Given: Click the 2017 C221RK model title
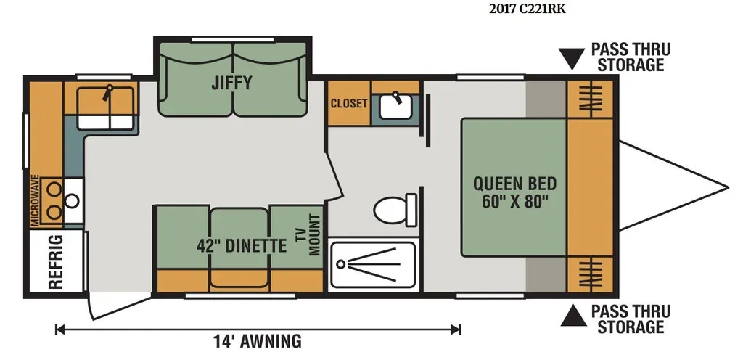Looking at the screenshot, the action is (x=527, y=9).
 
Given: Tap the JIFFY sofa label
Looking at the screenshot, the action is (x=231, y=83).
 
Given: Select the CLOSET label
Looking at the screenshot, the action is (x=349, y=103).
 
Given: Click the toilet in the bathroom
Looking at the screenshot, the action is (x=395, y=210).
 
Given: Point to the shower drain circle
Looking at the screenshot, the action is (x=340, y=263).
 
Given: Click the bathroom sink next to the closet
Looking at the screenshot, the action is (x=395, y=107).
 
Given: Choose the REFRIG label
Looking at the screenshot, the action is (x=56, y=261).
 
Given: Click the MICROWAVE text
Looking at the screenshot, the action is (x=35, y=200).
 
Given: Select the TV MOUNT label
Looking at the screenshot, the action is (x=308, y=234).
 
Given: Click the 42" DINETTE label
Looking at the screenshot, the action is (x=242, y=245).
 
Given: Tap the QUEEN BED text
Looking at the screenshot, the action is (x=514, y=184).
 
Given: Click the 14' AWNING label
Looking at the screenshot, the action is (x=258, y=341).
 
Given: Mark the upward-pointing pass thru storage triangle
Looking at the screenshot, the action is (x=573, y=316).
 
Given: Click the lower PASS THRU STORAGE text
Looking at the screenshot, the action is (x=631, y=319).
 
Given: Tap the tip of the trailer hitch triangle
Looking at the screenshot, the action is (x=728, y=188).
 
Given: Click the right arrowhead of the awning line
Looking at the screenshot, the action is (x=456, y=330).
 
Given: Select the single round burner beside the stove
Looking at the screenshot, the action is (x=72, y=201).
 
